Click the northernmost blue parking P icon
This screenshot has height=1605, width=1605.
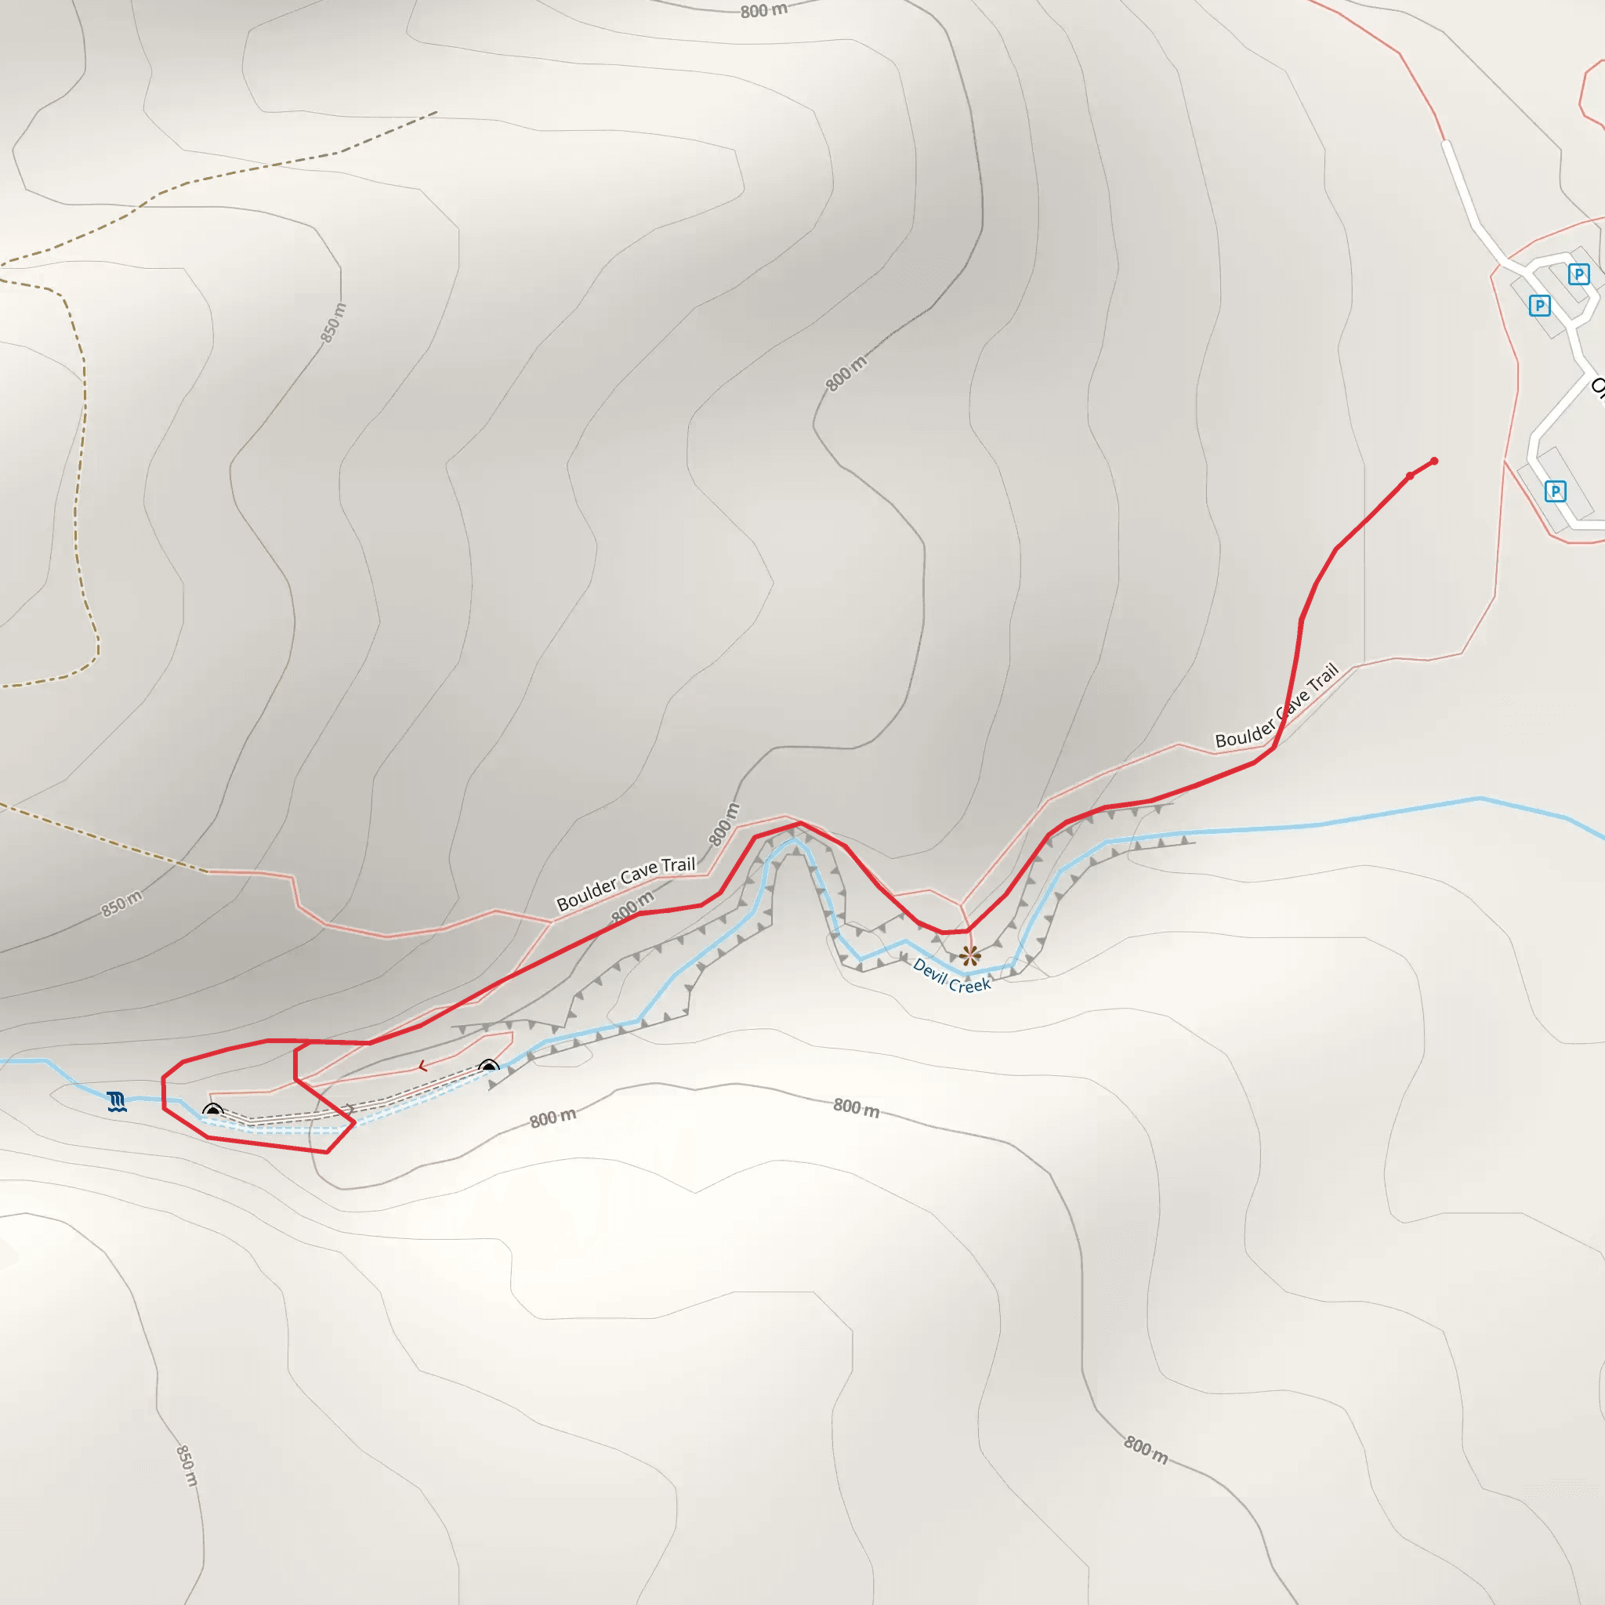[x=1578, y=274]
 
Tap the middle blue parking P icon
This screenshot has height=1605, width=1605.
[x=1539, y=306]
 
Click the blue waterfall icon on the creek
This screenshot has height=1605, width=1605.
[x=117, y=1103]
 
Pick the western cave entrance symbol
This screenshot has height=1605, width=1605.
[x=212, y=1110]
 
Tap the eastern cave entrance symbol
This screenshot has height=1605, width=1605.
[x=488, y=1067]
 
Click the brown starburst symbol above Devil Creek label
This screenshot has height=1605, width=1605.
[x=969, y=955]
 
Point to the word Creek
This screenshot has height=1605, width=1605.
[x=969, y=985]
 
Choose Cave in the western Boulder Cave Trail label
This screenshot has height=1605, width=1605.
[x=639, y=875]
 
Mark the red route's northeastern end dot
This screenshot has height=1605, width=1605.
[x=1434, y=461]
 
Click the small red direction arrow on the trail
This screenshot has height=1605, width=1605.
[x=423, y=1066]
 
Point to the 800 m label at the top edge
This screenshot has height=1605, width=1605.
[x=763, y=11]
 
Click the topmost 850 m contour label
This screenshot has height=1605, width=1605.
[x=333, y=322]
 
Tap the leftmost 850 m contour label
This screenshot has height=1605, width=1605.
[x=121, y=904]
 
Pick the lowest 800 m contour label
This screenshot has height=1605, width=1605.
[x=1146, y=1451]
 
